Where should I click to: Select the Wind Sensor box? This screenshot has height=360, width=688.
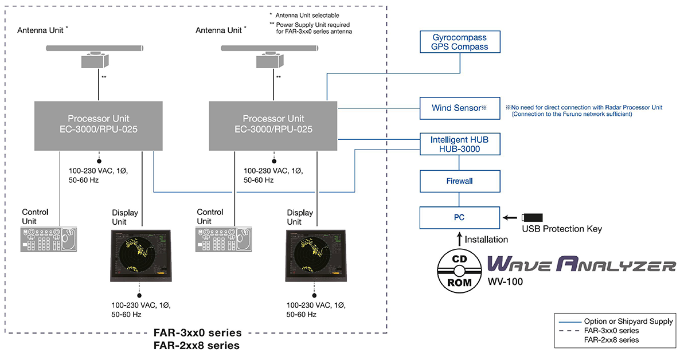point(459,107)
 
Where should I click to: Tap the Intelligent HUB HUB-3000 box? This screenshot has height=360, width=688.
point(459,144)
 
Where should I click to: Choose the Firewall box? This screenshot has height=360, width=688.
point(459,181)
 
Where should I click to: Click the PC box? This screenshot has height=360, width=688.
point(459,218)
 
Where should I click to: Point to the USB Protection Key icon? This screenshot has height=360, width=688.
point(533,218)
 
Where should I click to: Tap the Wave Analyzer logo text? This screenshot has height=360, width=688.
point(581,265)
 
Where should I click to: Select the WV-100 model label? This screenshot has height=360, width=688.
point(502,282)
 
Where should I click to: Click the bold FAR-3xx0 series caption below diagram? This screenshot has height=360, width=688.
point(197,333)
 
